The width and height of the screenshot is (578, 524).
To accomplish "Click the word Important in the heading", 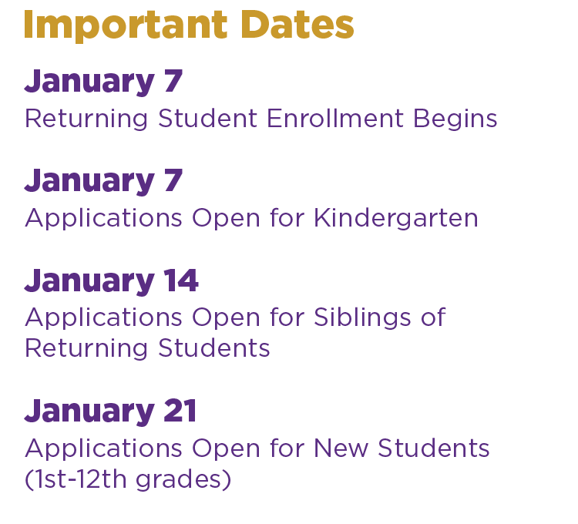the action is (x=126, y=25).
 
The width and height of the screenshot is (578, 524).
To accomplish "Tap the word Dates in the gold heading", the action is (x=297, y=25).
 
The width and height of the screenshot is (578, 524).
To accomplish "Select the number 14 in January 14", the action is (x=181, y=280).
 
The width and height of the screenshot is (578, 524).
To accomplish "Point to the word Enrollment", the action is (x=335, y=119).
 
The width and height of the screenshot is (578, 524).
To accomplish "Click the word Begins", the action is (x=455, y=119).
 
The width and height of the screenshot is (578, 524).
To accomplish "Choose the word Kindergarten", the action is (x=396, y=218).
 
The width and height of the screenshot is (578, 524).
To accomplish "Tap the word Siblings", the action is (x=362, y=317).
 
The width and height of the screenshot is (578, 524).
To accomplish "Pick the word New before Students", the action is (x=341, y=448).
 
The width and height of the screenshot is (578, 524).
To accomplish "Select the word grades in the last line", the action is (x=179, y=481).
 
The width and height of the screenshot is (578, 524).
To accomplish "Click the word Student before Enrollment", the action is (x=207, y=119).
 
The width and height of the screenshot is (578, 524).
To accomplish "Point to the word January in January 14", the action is (x=89, y=281).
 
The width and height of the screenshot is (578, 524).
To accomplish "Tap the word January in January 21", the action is (x=89, y=412).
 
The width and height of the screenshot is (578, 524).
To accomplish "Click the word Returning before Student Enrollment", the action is (x=86, y=119).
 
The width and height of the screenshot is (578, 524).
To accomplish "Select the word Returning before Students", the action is (x=86, y=349).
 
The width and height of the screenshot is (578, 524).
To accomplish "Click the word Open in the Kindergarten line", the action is (x=226, y=219).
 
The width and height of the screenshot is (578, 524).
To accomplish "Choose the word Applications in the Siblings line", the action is (x=103, y=318).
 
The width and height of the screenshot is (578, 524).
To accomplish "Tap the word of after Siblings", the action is (x=433, y=317).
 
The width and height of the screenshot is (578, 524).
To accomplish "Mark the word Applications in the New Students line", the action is (x=103, y=448).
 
